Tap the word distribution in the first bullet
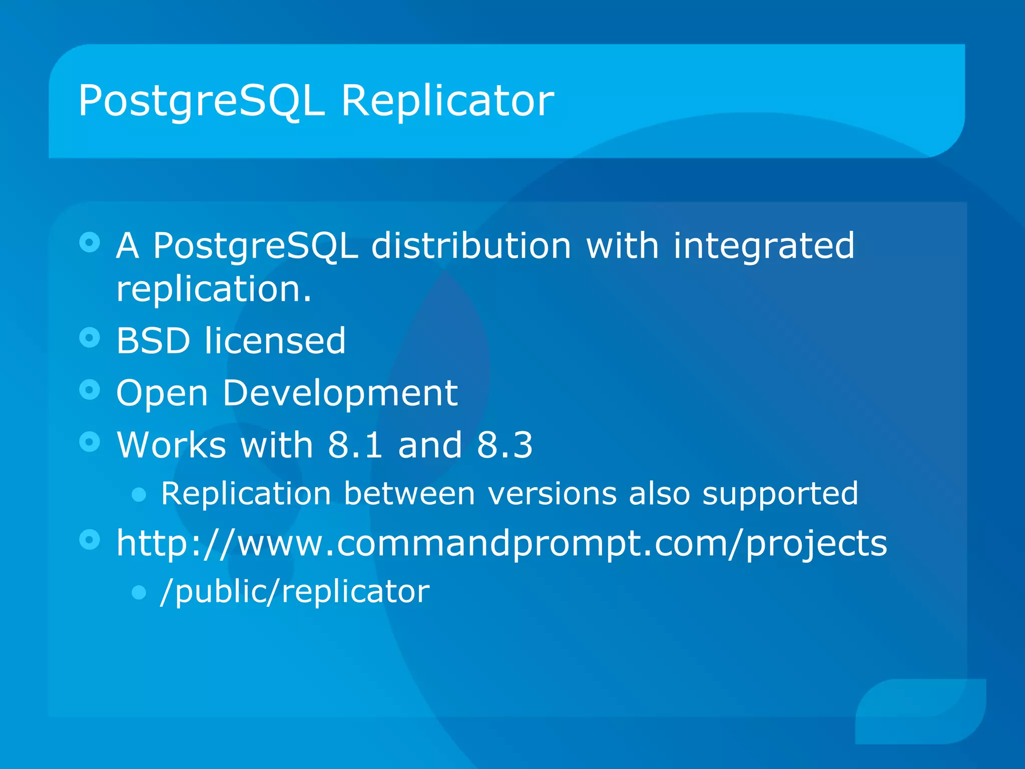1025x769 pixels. coord(471,246)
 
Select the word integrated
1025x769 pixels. coord(764,247)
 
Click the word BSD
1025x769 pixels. coord(153,340)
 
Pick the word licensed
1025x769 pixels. coord(275,340)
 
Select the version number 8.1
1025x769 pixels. coord(355,445)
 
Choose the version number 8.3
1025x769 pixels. coord(504,445)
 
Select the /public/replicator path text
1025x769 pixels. coord(295,592)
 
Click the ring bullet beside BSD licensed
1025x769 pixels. coord(90,338)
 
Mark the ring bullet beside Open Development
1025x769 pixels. coord(90,390)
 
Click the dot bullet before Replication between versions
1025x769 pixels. coord(139,495)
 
